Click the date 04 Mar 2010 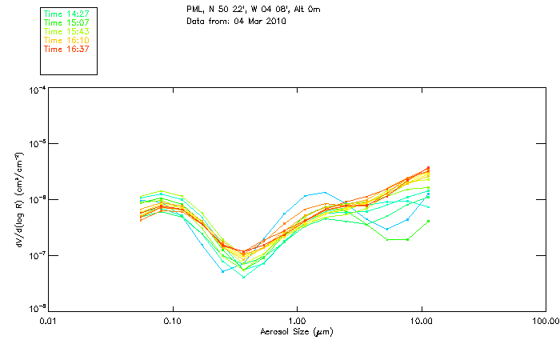(x=261, y=21)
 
